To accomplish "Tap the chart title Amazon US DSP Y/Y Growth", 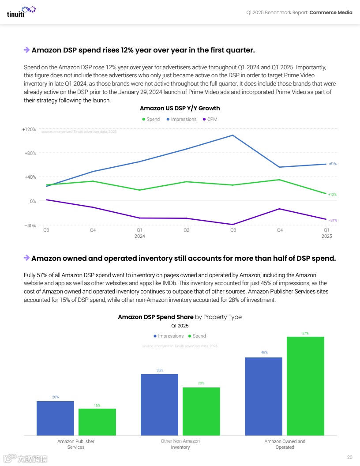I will click(x=180, y=108).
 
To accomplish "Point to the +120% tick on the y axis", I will click(x=29, y=129).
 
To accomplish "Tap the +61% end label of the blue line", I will click(x=332, y=164).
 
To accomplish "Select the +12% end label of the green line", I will click(x=332, y=194).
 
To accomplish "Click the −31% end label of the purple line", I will click(x=333, y=220).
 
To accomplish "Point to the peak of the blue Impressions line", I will click(x=233, y=135).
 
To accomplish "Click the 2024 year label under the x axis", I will click(x=139, y=236).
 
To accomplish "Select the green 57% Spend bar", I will click(x=305, y=386).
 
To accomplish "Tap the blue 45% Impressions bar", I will click(x=263, y=396).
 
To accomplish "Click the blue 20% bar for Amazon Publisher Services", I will click(x=55, y=418).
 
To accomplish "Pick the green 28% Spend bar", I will click(x=201, y=411).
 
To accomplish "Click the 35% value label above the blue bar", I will click(x=160, y=370).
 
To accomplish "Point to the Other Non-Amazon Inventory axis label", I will click(x=180, y=444).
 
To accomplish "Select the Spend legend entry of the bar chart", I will click(x=197, y=336).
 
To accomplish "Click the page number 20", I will click(x=350, y=457).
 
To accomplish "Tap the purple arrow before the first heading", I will click(x=26, y=50).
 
